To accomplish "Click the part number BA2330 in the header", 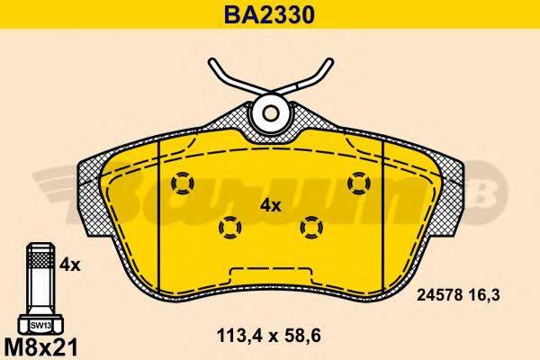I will [269, 14].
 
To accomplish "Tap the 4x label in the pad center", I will [271, 205].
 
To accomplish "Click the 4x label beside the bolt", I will [70, 265].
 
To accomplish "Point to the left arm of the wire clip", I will [231, 79].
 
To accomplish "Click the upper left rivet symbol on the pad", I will [182, 183].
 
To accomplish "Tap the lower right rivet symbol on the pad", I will [312, 227].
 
